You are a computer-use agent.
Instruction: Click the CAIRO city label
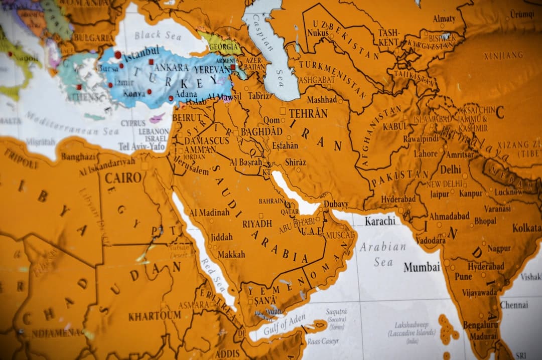point(123,177)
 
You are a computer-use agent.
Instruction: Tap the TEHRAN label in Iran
point(308,113)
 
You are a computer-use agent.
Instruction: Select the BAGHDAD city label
point(261,131)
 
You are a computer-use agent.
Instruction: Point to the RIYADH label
point(257,224)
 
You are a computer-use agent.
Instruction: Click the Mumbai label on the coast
point(422,267)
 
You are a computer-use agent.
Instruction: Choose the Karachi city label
point(380,221)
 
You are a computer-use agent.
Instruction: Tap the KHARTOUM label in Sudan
point(154,316)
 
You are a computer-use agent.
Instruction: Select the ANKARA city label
point(172,67)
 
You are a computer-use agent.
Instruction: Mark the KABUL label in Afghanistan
point(395,126)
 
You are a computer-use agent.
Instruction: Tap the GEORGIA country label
point(224,46)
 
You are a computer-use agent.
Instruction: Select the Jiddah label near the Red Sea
point(221,237)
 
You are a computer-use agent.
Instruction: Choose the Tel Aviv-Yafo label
point(142,146)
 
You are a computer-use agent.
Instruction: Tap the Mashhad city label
point(322,100)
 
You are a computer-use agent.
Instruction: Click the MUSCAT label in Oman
point(340,235)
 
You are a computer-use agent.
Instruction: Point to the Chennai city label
point(514,305)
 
